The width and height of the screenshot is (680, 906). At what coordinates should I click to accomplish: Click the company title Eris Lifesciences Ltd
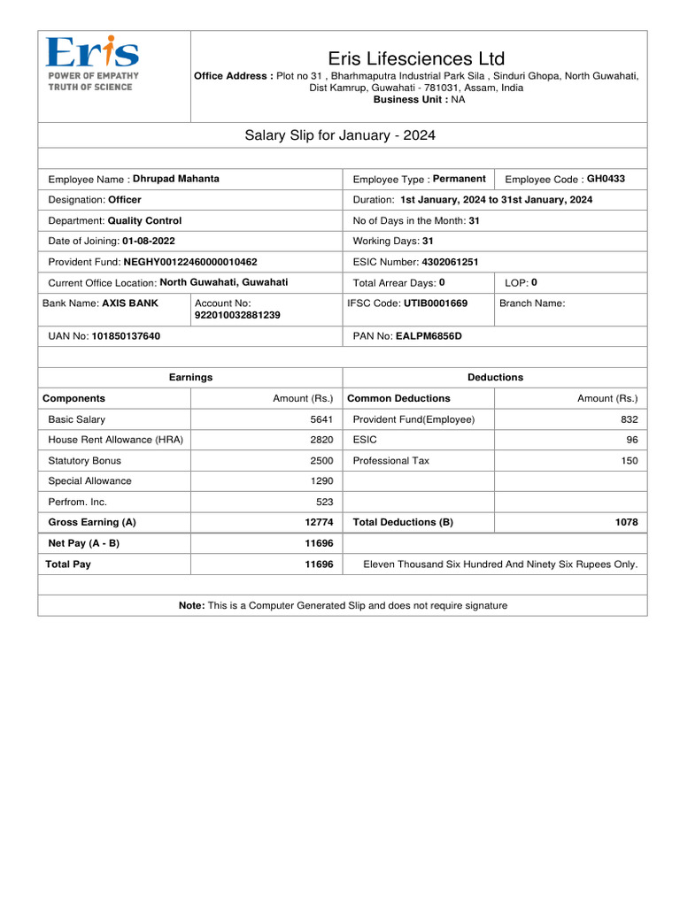coord(416,58)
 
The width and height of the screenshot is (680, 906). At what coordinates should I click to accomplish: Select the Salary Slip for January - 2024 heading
coord(340,135)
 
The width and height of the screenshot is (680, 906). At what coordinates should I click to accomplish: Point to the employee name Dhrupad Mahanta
coord(176,179)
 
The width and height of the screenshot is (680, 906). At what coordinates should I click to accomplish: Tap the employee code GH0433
coord(606,179)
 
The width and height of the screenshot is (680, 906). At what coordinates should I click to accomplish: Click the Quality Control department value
coord(144,220)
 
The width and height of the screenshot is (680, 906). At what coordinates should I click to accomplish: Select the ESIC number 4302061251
coord(450,262)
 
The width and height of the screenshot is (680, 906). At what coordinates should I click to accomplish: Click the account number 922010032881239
coord(237,315)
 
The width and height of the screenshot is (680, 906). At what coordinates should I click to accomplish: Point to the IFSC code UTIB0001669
coord(436,303)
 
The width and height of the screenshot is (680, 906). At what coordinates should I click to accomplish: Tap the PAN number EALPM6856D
coord(429,336)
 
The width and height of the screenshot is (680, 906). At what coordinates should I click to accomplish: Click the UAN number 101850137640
coord(126,336)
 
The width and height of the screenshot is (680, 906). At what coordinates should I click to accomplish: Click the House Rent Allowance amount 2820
coord(321,440)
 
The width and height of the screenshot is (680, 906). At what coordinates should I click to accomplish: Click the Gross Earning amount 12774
coord(319,522)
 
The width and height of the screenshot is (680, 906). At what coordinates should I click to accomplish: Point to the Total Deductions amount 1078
coord(626,522)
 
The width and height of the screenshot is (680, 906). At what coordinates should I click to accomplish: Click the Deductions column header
coord(495,377)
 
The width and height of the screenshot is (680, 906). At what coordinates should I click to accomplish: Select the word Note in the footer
coord(191,605)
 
